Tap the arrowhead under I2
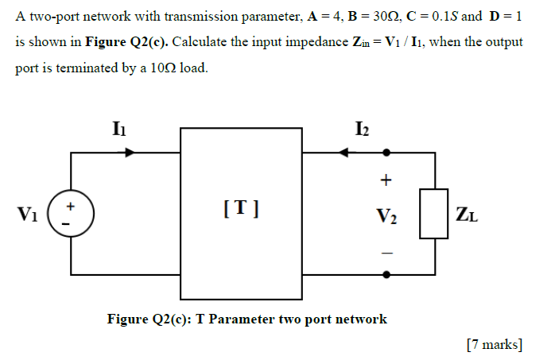point(343,152)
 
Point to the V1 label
point(27,213)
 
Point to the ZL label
point(468,213)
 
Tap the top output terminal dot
point(387,152)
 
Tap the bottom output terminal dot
point(387,275)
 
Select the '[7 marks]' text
point(494,343)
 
